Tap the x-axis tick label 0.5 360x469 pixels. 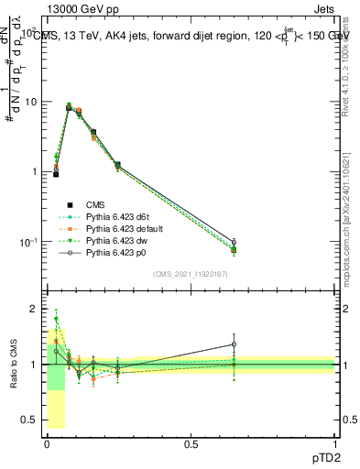(191, 444)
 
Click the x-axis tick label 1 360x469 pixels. (335, 444)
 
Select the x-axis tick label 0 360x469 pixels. (47, 444)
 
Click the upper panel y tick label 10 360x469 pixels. (29, 102)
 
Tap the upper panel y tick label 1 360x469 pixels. (33, 172)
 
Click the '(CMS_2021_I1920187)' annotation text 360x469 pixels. (191, 274)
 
